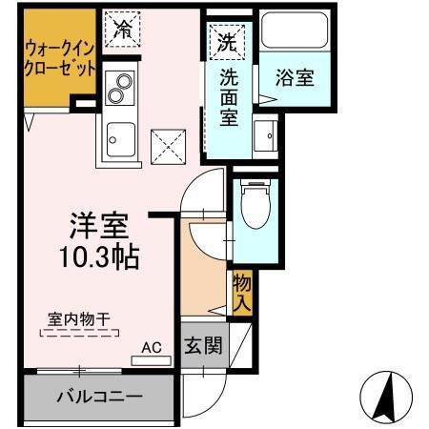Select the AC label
151,348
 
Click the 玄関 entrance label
203,345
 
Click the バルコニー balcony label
97,395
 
